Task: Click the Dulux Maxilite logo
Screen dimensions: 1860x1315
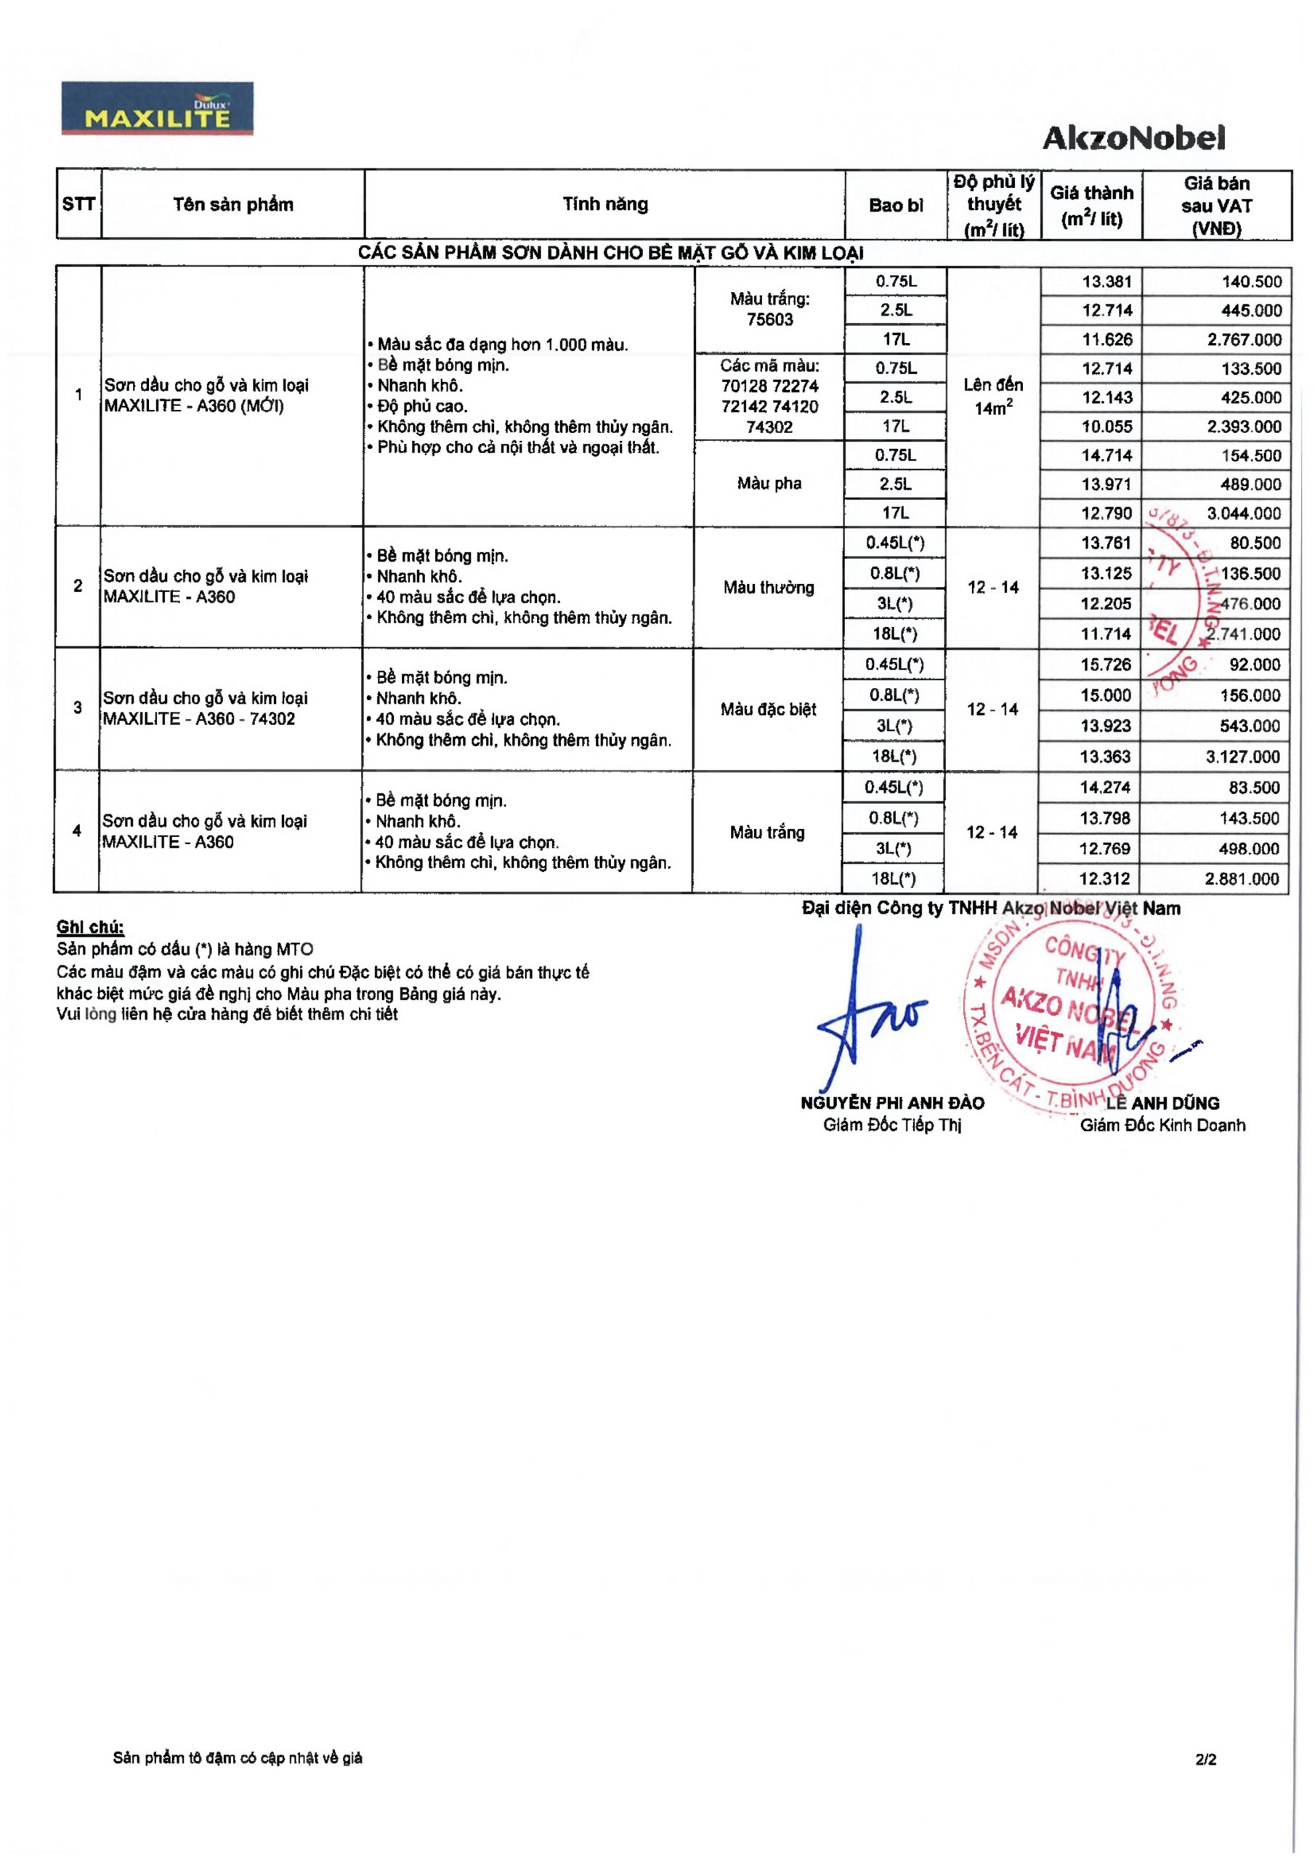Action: pos(158,108)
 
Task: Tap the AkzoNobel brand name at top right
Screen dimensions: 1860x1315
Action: pos(1133,138)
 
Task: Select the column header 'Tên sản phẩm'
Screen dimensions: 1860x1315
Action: pos(232,204)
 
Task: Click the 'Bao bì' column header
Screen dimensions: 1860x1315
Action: pos(895,205)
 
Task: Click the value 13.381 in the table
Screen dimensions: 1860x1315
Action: pos(1106,282)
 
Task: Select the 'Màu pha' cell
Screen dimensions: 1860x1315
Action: pos(769,484)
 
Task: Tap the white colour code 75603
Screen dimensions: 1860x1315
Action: pos(769,319)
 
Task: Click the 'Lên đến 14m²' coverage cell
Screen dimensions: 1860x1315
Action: pos(992,396)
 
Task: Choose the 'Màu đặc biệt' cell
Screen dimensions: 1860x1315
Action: pos(768,710)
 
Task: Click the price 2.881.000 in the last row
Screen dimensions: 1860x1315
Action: pos(1242,879)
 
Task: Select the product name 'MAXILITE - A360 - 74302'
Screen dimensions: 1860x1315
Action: pos(198,719)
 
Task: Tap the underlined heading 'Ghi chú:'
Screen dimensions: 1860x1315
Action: pos(90,928)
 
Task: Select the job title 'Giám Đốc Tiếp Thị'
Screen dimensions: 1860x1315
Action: pos(892,1125)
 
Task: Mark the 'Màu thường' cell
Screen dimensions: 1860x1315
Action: pos(768,587)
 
